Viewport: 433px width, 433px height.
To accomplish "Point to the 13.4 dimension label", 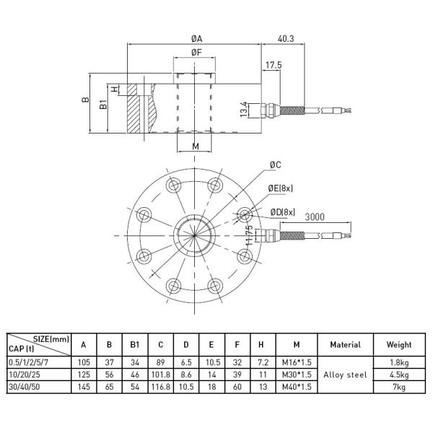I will [x=244, y=109].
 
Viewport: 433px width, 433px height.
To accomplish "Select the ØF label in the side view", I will [x=196, y=52].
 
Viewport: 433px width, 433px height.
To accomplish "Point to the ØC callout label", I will [x=276, y=165].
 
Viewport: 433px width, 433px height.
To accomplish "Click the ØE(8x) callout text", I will [x=282, y=188].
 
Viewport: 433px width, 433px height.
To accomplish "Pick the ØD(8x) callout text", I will [x=284, y=211].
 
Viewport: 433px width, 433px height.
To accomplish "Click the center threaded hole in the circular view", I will [x=194, y=235].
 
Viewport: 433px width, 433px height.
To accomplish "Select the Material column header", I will [x=345, y=345].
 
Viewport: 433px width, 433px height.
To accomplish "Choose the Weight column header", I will [x=398, y=345].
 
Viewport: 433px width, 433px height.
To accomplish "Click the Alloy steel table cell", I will [x=345, y=375].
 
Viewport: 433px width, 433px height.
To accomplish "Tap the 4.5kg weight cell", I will [x=398, y=375].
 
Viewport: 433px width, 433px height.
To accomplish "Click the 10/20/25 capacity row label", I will [x=25, y=375].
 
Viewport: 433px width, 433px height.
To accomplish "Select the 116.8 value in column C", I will [x=161, y=388].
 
